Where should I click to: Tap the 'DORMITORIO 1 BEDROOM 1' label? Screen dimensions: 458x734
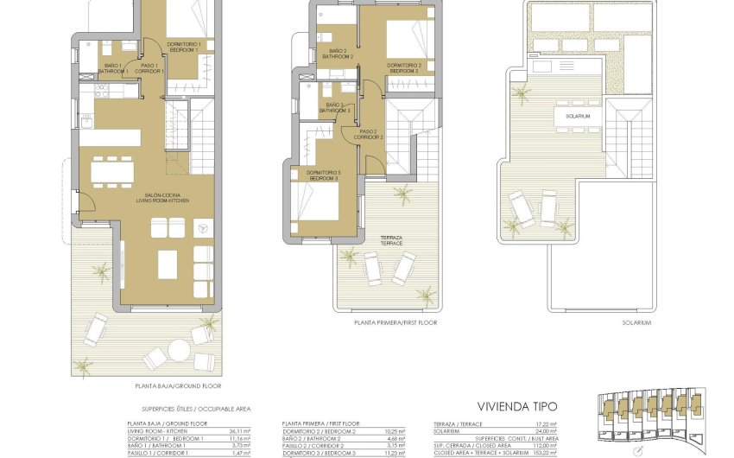[x=185, y=48]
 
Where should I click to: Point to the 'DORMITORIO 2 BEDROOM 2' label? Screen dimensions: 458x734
[x=404, y=67]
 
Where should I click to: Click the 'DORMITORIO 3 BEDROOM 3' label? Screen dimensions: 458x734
[x=324, y=175]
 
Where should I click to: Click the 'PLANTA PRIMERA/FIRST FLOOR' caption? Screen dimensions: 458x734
[x=395, y=322]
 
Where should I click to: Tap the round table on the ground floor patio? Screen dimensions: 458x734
[x=179, y=350]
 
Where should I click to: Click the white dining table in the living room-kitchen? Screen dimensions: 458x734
[x=112, y=173]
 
